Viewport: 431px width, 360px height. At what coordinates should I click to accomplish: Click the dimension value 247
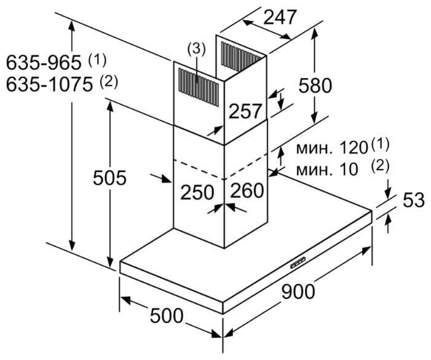tap(280, 17)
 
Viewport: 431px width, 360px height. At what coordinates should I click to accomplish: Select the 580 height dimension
tap(315, 85)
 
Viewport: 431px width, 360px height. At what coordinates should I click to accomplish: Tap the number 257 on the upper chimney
tap(245, 111)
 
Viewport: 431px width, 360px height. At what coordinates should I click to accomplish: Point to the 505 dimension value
tap(109, 178)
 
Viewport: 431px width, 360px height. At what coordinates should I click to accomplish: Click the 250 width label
tap(197, 192)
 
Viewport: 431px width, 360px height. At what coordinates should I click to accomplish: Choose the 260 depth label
tap(247, 190)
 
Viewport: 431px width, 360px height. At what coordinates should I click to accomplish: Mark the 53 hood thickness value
tap(414, 200)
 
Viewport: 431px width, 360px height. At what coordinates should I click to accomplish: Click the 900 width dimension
tap(298, 291)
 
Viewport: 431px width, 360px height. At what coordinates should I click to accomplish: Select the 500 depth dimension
tap(167, 316)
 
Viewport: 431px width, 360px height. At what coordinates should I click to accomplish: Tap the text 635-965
tap(44, 63)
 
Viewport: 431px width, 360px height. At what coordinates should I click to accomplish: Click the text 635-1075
tap(49, 84)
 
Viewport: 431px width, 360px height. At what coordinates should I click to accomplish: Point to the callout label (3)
tap(196, 50)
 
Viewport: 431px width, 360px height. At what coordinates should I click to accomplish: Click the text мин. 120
tap(332, 148)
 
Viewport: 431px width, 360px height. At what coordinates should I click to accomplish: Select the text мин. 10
tap(327, 169)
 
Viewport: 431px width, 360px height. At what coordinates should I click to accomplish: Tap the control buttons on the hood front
tap(298, 262)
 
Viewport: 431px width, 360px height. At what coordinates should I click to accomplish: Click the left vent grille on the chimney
tap(199, 87)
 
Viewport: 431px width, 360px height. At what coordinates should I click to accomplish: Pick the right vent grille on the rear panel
tap(242, 57)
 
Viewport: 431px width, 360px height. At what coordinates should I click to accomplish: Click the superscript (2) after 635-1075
tap(109, 82)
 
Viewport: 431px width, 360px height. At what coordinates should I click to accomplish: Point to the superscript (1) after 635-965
tap(97, 60)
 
